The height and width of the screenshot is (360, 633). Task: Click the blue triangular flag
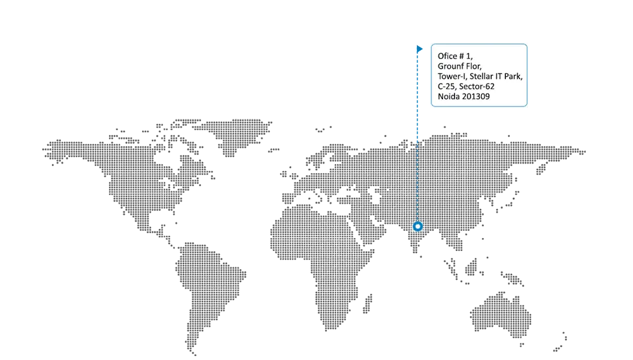(x=420, y=49)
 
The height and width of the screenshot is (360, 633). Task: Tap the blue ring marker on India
(x=418, y=226)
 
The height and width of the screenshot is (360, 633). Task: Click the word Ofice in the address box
(x=448, y=56)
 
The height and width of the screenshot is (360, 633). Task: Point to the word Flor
(x=474, y=66)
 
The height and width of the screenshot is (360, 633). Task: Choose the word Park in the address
(x=514, y=77)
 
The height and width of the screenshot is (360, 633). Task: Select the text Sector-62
(x=477, y=86)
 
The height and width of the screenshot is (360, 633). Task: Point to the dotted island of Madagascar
(x=367, y=304)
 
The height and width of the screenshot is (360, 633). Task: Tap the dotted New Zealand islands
(x=560, y=342)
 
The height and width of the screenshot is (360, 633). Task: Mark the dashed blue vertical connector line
(x=418, y=138)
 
